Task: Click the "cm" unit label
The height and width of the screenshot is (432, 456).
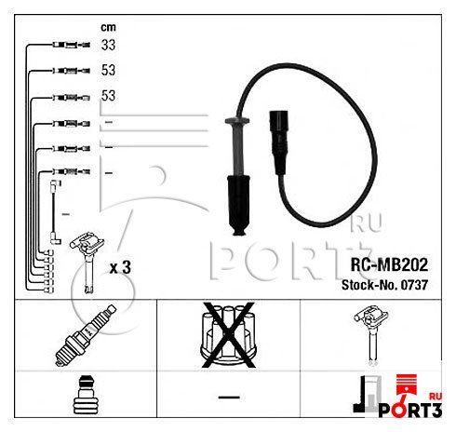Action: click(x=108, y=27)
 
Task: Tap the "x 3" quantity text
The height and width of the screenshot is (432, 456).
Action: click(x=120, y=267)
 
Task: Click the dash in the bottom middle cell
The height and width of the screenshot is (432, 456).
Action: click(x=228, y=398)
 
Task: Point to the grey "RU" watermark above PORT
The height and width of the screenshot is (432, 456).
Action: click(x=359, y=223)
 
